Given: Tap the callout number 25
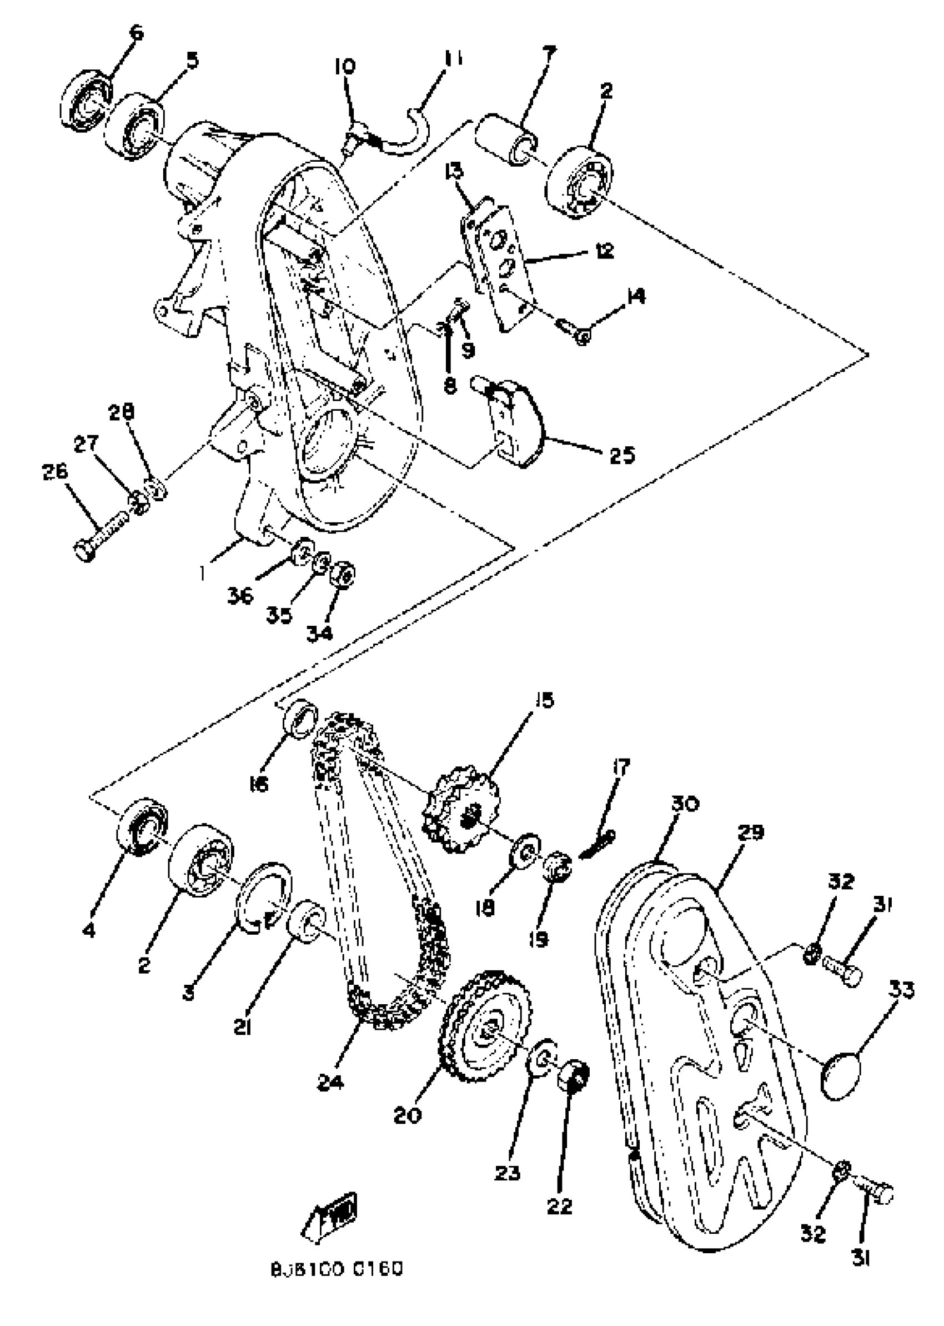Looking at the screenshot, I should (622, 455).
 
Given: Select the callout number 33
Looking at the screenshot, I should (901, 990).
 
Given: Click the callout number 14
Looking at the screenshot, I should (636, 297).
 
